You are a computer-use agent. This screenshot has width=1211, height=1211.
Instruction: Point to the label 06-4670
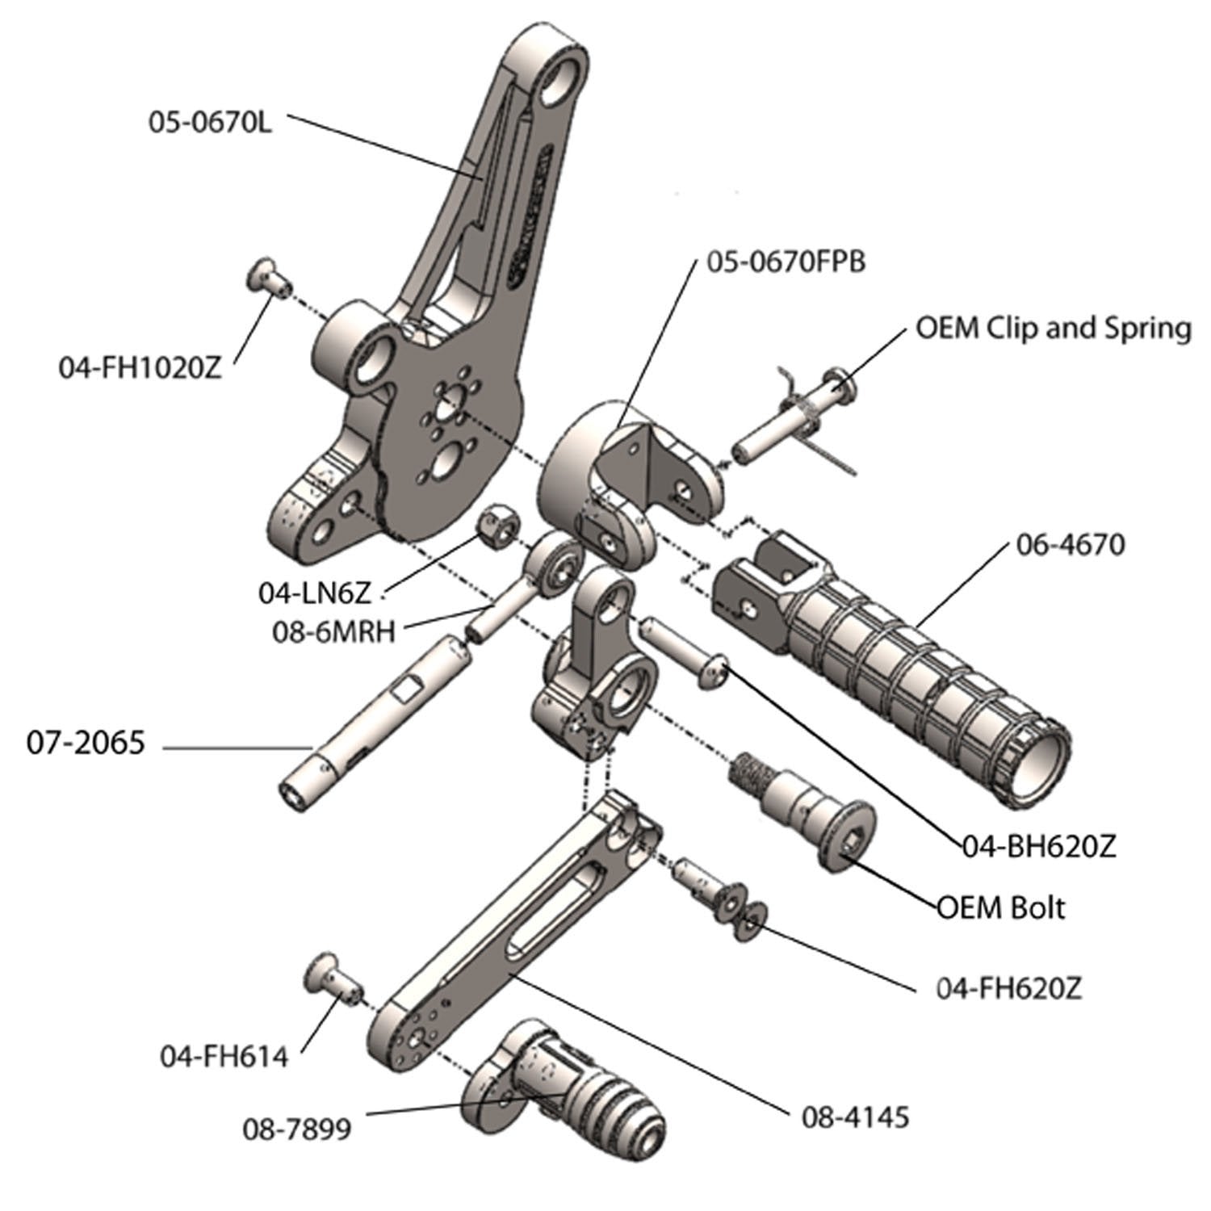pos(1067,545)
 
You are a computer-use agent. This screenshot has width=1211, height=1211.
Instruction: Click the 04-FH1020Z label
pos(140,367)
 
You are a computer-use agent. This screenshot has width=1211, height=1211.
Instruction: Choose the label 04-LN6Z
pos(314,593)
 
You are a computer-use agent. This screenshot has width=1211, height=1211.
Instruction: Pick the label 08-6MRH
pos(334,631)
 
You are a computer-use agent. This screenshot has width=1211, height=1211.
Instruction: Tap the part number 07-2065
pos(86,742)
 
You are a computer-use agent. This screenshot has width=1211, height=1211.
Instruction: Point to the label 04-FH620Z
pos(1008,987)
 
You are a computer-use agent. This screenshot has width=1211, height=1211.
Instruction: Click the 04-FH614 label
pos(224,1056)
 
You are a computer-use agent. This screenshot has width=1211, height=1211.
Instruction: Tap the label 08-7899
pos(296,1128)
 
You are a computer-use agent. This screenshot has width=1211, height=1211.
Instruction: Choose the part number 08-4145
pos(855,1117)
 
